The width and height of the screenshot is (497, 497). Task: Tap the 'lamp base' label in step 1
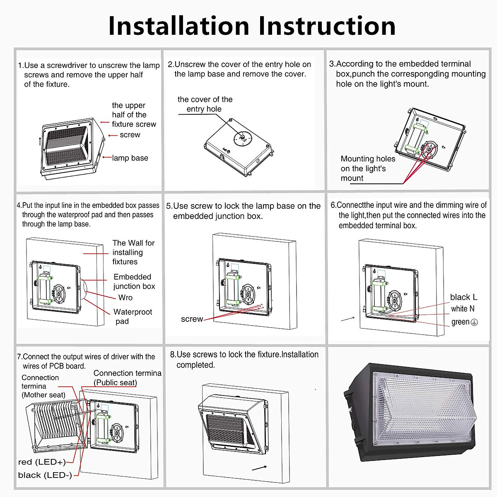(x=130, y=158)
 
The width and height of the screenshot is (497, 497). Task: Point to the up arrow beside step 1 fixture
(x=40, y=141)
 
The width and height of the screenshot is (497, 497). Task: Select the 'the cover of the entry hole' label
(x=205, y=104)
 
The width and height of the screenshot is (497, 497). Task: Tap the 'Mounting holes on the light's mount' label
(x=367, y=168)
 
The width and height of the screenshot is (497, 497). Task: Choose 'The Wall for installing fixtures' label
(x=133, y=252)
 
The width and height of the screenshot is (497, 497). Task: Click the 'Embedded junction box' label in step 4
(x=134, y=281)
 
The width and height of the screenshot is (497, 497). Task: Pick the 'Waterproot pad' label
(x=133, y=316)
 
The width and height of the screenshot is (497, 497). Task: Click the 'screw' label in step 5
(x=192, y=319)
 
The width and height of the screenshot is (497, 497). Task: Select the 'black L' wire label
(x=463, y=297)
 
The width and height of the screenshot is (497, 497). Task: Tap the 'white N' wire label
(x=463, y=309)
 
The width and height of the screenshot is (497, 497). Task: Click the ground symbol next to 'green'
(x=474, y=322)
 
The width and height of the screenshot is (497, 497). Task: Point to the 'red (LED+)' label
(x=42, y=462)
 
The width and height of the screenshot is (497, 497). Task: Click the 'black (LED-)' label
(x=45, y=475)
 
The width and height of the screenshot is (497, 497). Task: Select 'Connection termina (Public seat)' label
(x=127, y=378)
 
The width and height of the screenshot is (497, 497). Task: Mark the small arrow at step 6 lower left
(x=347, y=319)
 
